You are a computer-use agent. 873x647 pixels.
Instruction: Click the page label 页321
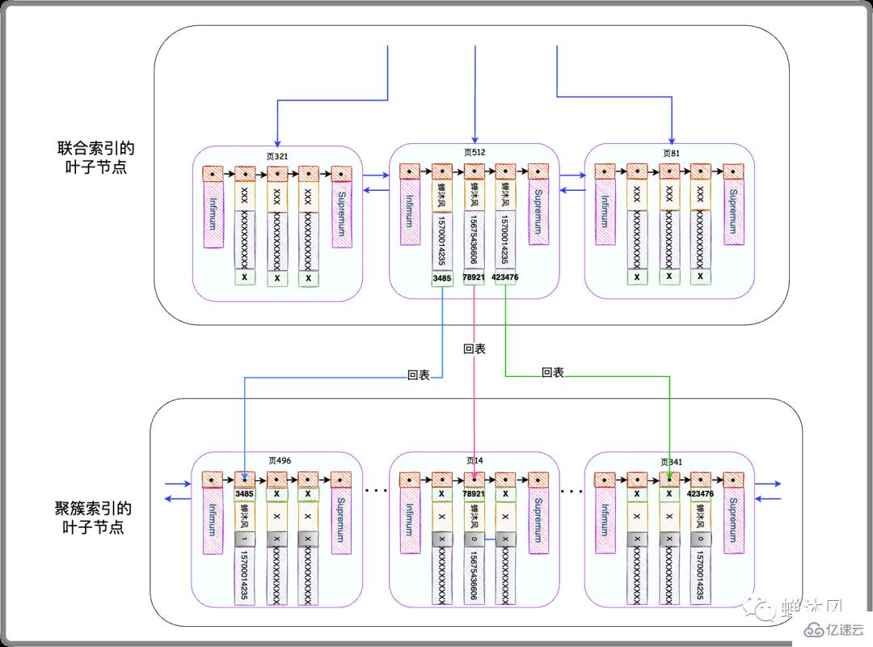276,154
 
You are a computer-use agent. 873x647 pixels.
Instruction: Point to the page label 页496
279,460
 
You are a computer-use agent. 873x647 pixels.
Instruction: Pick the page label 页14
474,460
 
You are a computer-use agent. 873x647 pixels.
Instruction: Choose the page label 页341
671,462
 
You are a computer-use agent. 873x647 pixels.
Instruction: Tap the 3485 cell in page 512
442,278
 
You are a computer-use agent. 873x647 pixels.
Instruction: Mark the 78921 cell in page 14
474,493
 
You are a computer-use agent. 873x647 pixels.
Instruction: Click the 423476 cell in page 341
700,493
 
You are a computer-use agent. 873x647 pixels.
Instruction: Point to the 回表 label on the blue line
418,376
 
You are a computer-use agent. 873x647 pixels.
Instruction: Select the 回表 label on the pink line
474,350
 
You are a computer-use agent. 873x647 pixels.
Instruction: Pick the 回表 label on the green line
552,373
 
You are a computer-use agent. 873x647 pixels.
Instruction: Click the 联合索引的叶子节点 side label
95,158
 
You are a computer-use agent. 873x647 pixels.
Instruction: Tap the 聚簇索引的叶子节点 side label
95,518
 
